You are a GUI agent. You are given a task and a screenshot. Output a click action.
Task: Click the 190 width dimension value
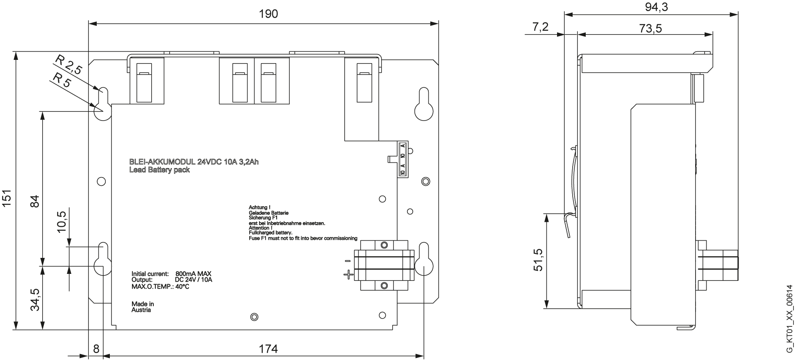click(268, 14)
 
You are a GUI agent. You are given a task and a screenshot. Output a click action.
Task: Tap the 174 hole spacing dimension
click(268, 349)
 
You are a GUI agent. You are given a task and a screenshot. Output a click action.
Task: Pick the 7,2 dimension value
click(540, 27)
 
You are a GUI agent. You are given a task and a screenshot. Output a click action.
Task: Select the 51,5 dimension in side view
click(538, 260)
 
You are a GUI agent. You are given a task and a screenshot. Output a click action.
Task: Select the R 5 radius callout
click(61, 80)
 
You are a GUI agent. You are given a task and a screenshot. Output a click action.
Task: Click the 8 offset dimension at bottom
click(96, 349)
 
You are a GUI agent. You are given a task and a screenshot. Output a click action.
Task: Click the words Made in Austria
click(143, 307)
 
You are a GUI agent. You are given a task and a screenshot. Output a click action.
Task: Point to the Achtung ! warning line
click(259, 208)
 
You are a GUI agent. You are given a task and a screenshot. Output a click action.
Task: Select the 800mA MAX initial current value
click(193, 273)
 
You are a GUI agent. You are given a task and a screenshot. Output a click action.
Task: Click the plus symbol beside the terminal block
click(348, 274)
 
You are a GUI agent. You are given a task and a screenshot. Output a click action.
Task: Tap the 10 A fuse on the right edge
click(403, 159)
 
